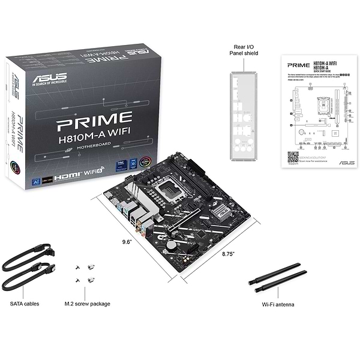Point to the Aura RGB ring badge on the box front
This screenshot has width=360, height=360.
144,162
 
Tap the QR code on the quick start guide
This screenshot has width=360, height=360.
293,157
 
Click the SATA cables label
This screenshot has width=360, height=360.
25,304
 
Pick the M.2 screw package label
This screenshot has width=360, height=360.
88,304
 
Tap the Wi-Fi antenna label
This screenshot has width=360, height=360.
278,304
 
